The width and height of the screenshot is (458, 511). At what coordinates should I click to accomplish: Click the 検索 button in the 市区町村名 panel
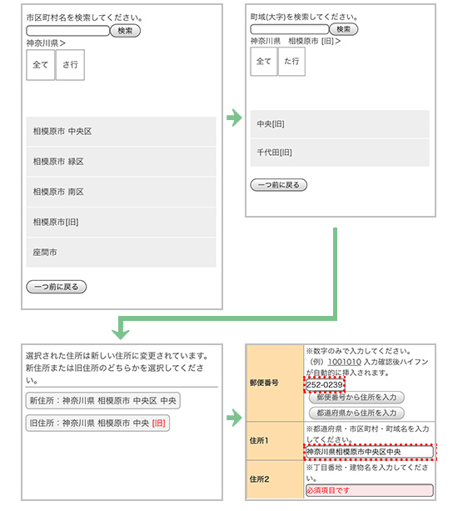tap(125, 31)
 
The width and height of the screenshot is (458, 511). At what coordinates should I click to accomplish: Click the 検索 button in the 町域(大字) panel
tap(344, 29)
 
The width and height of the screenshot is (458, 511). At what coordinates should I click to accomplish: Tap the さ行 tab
tap(70, 65)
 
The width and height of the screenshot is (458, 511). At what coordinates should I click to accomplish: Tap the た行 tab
tap(291, 61)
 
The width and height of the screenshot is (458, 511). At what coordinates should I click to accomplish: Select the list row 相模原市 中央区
tap(121, 132)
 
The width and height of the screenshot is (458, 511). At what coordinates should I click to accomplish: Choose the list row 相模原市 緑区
tap(121, 162)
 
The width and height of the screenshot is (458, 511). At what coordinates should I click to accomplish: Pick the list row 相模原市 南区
tap(121, 192)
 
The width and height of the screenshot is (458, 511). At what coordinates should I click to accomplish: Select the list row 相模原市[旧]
tap(121, 223)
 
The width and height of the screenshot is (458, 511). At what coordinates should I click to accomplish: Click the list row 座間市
tap(121, 253)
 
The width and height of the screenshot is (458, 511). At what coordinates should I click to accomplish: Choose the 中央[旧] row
tap(340, 124)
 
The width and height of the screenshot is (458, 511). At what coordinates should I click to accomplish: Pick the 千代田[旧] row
tap(340, 153)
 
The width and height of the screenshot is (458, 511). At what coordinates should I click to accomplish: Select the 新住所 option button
tap(103, 400)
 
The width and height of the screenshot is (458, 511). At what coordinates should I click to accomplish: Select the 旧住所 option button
tap(97, 423)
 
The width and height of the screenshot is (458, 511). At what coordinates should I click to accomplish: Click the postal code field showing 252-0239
tap(325, 385)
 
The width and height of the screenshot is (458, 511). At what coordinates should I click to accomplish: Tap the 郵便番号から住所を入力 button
tap(356, 398)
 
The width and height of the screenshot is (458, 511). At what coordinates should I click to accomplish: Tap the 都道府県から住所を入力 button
tap(356, 413)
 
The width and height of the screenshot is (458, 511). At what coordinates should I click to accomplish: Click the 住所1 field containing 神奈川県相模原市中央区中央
tap(369, 452)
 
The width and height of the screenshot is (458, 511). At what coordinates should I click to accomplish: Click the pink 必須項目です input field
tap(369, 490)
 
